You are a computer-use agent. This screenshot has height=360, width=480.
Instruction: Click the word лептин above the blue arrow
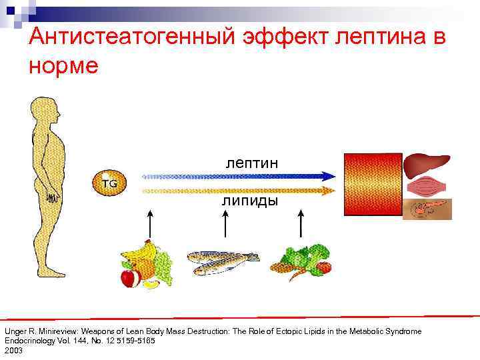click(251, 162)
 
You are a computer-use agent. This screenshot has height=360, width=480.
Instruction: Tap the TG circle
click(109, 183)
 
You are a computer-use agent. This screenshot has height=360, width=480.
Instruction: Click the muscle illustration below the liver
click(427, 187)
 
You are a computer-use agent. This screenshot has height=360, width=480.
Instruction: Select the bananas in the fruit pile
click(140, 254)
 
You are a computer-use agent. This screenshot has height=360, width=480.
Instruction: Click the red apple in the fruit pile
click(128, 277)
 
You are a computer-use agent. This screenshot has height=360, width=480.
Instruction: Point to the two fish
click(221, 262)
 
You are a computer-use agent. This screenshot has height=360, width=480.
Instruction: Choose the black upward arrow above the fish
click(225, 223)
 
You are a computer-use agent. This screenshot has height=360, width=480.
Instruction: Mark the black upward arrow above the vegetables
click(301, 223)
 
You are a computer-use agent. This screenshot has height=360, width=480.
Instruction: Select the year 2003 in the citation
click(13, 350)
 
